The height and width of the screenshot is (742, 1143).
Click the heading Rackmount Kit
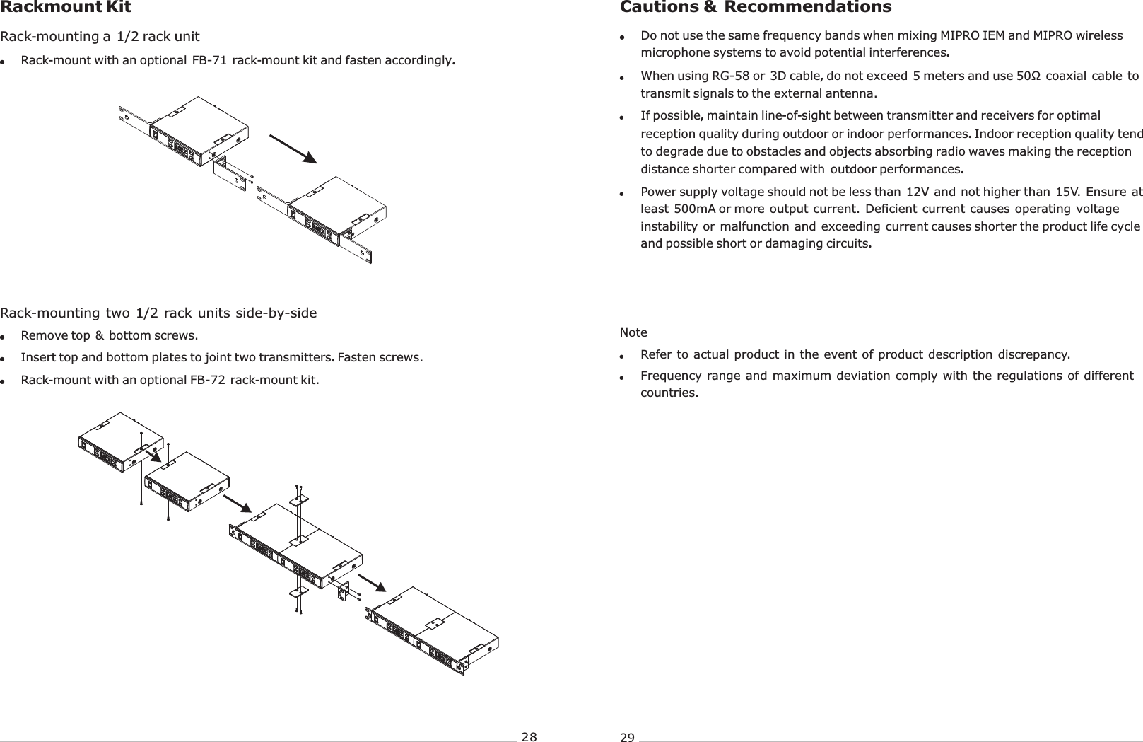pos(65,8)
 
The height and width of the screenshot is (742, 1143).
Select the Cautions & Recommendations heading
pos(755,8)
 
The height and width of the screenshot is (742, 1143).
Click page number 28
pos(529,737)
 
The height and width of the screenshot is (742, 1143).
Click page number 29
pos(627,738)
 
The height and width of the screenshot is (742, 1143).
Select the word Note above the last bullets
pos(633,332)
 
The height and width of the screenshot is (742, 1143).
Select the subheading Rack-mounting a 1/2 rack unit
pos(100,36)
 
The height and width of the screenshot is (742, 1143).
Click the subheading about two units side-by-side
pos(158,313)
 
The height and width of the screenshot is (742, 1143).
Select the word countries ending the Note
pos(668,393)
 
